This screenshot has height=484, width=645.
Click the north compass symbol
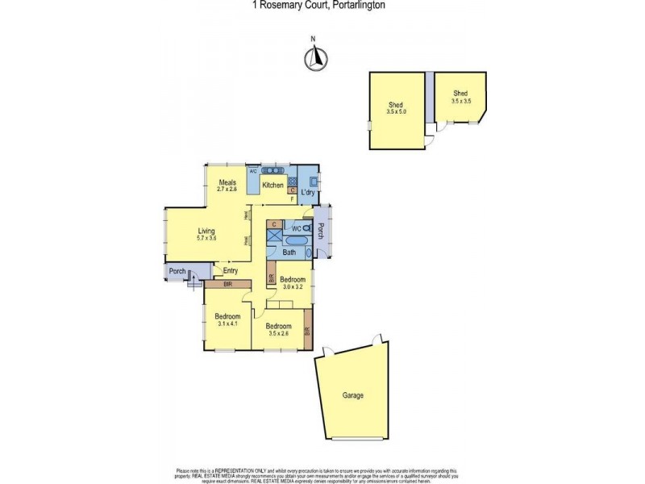point(317,57)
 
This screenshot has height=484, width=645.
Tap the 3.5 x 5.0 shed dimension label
point(396,112)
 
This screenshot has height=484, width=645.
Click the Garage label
point(352,395)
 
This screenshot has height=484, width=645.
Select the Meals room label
point(227,182)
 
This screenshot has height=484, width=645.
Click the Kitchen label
point(273,186)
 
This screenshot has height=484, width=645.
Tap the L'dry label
point(307,193)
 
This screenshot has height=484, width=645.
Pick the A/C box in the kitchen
point(252,171)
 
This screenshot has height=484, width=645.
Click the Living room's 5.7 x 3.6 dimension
point(207,239)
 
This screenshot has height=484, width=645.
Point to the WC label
point(297,229)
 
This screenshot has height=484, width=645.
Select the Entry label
point(231,271)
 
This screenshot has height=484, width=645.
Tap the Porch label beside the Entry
point(177,271)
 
